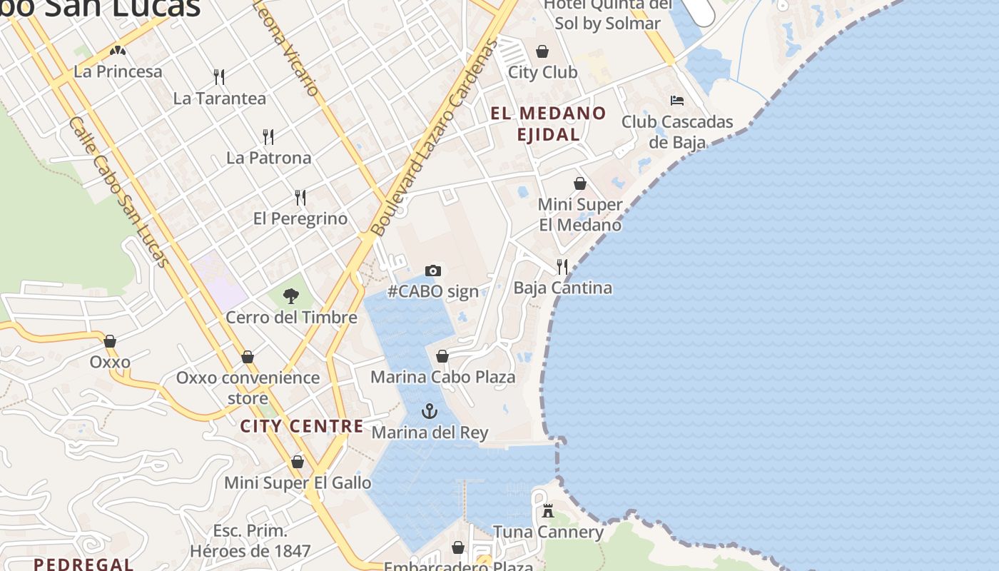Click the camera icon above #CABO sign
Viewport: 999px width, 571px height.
432,271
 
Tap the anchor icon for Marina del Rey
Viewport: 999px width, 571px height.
429,410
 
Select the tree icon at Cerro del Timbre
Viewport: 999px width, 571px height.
290,295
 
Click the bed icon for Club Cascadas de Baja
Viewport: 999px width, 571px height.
676,101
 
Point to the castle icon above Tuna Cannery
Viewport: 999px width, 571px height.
547,511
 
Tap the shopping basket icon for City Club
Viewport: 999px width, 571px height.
542,51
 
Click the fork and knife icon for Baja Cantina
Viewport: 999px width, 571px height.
562,267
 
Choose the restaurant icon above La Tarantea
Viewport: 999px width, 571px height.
219,76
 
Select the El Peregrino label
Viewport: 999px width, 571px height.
300,218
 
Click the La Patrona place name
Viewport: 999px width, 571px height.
269,158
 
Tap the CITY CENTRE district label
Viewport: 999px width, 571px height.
302,426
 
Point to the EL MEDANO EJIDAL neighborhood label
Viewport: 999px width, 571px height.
548,123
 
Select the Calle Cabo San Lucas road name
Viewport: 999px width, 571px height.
120,193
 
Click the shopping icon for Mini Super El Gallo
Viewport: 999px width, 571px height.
298,463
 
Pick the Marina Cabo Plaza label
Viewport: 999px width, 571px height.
442,377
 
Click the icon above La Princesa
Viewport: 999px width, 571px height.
118,51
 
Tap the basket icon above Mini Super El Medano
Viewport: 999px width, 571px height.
579,184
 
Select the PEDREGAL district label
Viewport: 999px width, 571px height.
83,564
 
